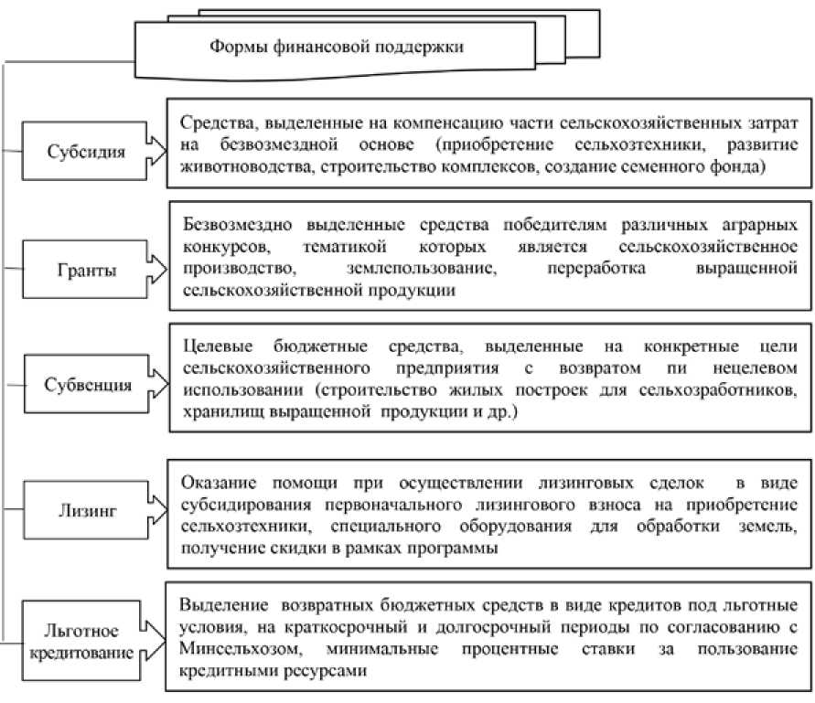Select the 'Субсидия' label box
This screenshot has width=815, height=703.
tap(86, 151)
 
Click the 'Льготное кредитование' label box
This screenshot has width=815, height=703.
tap(87, 639)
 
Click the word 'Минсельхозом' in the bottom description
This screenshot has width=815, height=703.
tap(235, 649)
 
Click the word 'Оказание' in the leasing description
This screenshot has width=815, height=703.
tap(217, 482)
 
